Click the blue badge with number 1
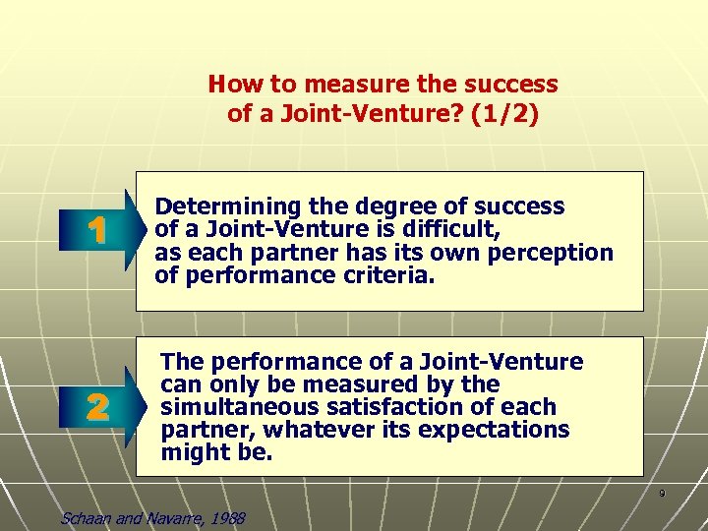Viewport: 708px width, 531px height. [95, 232]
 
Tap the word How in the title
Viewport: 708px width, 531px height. [230, 85]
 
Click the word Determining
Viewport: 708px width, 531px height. [216, 207]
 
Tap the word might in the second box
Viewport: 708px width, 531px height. [192, 452]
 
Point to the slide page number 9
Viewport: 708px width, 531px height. [662, 493]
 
